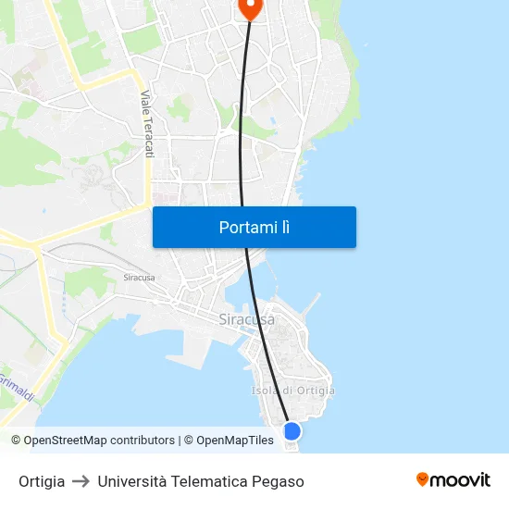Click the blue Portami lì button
254,227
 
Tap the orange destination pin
250,7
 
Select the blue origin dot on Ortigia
292,431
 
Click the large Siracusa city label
246,319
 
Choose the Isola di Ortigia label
293,391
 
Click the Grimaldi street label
16,387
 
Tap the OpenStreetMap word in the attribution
63,441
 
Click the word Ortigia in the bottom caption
42,481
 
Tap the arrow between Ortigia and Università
81,481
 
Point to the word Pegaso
278,481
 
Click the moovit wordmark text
461,480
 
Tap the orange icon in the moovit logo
423,479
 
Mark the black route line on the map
242,139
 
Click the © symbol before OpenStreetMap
17,441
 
